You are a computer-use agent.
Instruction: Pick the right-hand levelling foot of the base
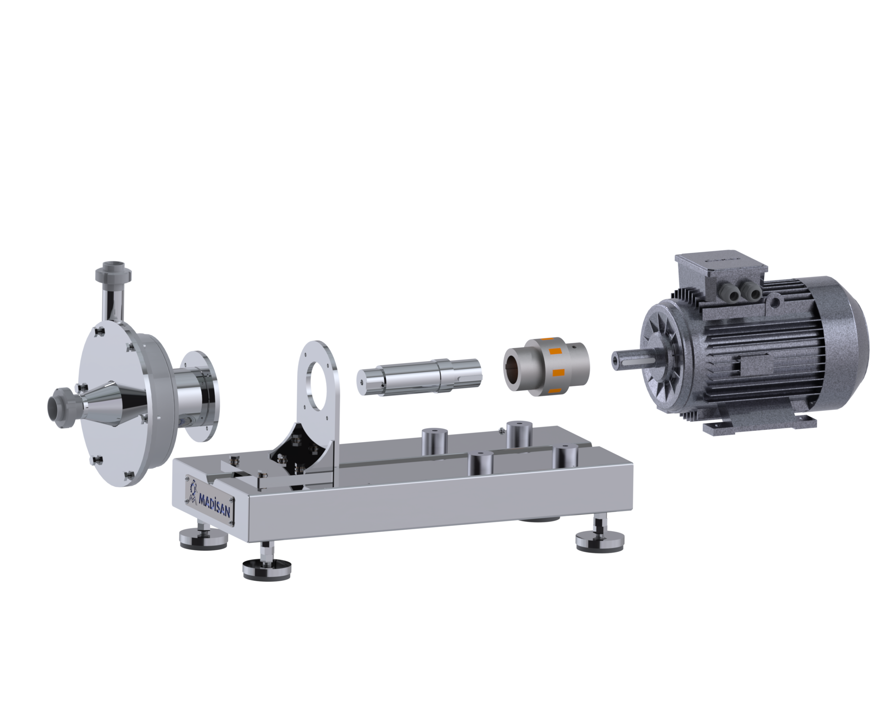[599, 537]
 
